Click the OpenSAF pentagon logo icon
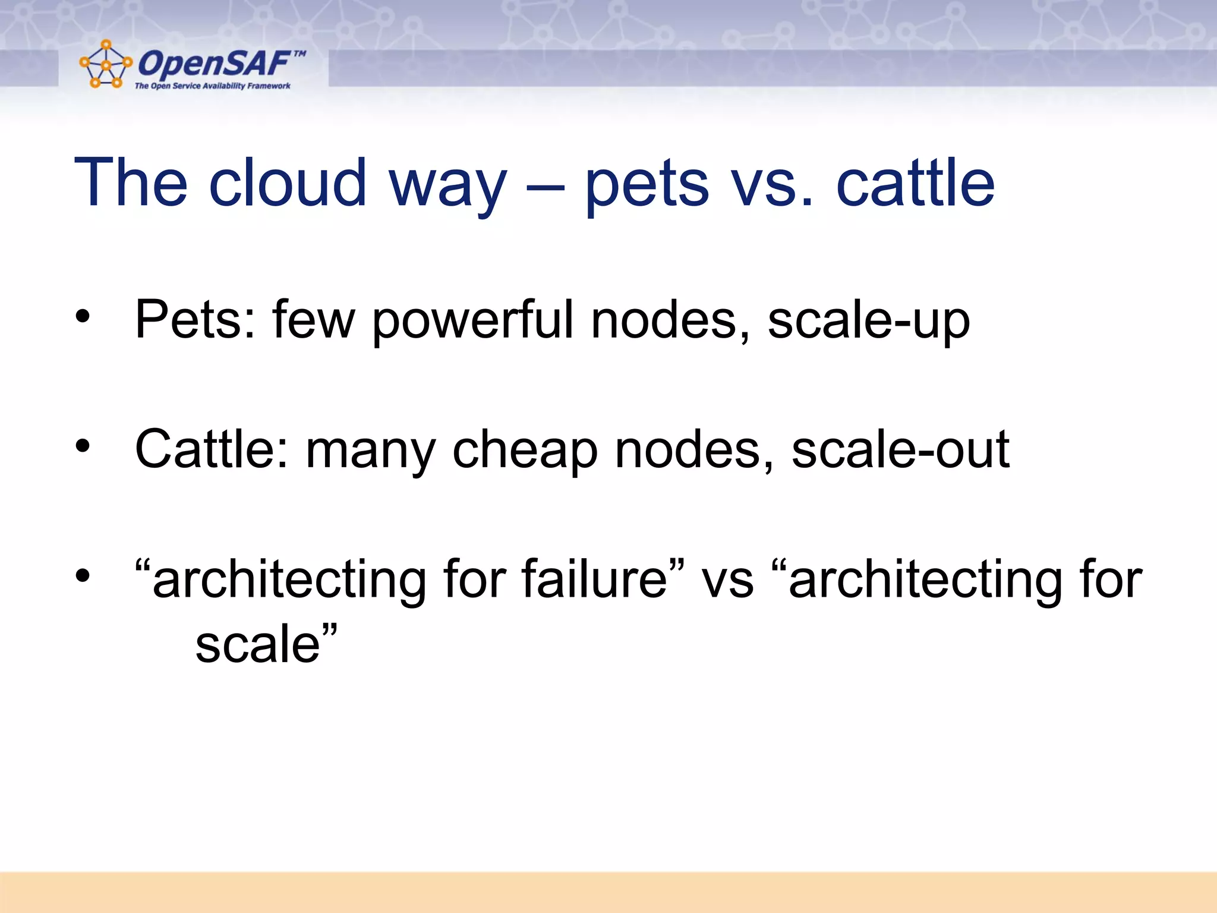click(105, 64)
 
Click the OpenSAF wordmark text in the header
click(214, 63)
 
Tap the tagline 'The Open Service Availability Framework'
click(212, 86)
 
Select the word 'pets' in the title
click(647, 184)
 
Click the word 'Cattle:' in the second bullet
click(212, 449)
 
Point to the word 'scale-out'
click(900, 449)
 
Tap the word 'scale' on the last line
click(258, 644)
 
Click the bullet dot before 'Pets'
click(83, 316)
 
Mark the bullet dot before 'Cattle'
click(83, 445)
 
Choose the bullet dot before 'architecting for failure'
click(83, 575)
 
